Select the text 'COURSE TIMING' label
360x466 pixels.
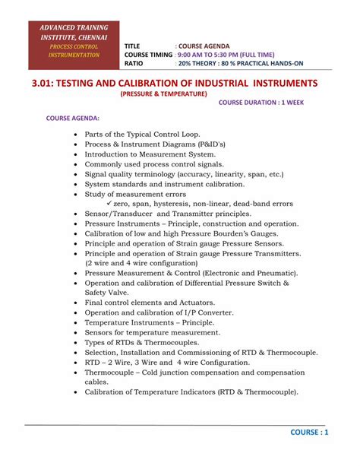[147, 55]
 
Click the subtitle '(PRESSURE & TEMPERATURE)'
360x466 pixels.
[163, 94]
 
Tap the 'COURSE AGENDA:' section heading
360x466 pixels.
[73, 119]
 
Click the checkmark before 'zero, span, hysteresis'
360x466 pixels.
[109, 204]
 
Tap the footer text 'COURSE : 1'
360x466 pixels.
[309, 433]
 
